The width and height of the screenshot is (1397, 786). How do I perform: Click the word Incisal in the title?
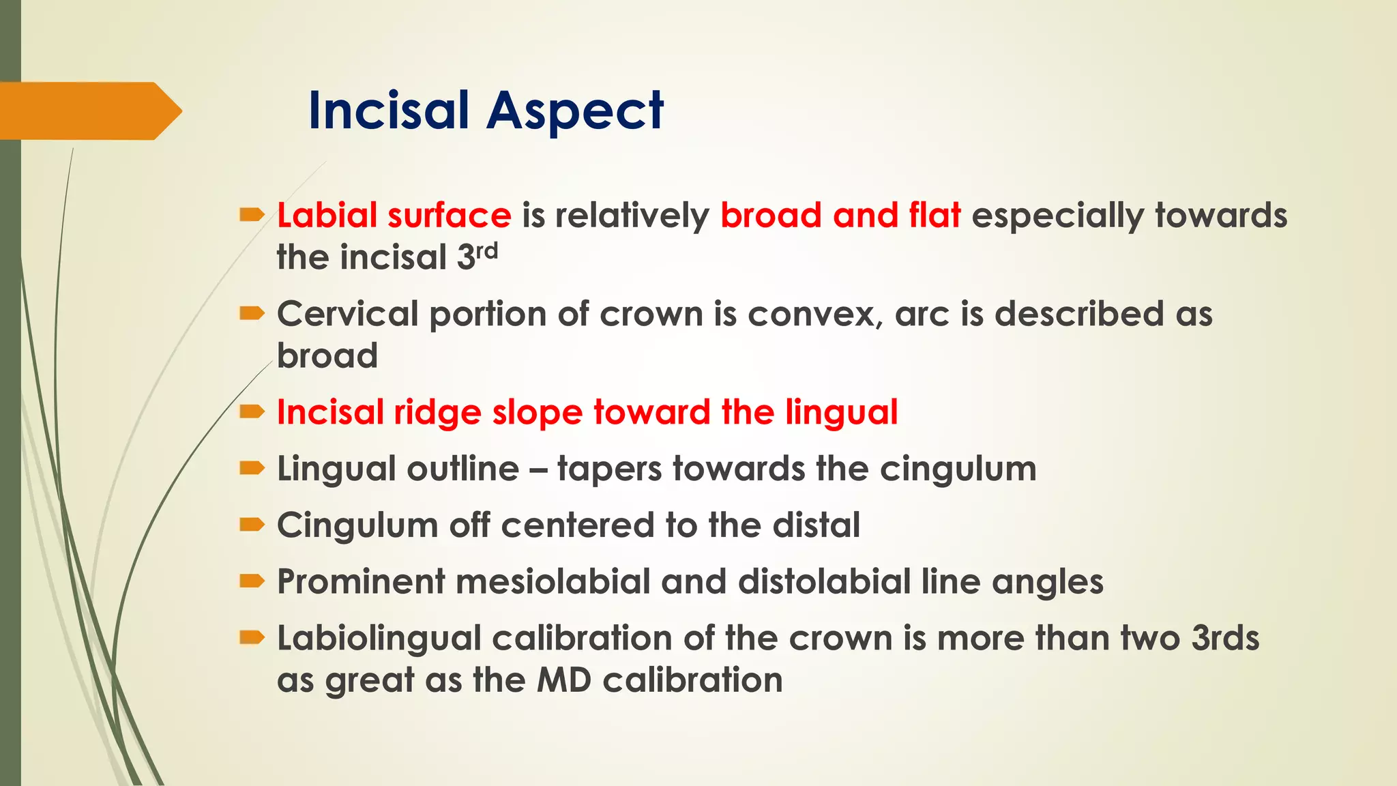click(388, 111)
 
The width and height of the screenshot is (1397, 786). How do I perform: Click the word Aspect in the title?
click(574, 111)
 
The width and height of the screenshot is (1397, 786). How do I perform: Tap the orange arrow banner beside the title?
click(89, 111)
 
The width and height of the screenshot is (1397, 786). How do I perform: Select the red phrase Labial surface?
click(394, 216)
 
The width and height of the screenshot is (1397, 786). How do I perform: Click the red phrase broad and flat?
click(840, 216)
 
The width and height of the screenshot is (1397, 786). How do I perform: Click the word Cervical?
click(347, 315)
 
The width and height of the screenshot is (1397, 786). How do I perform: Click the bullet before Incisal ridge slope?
click(252, 411)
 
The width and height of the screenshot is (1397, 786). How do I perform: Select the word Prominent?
click(360, 582)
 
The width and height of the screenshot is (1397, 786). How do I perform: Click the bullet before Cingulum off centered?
click(252, 524)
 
